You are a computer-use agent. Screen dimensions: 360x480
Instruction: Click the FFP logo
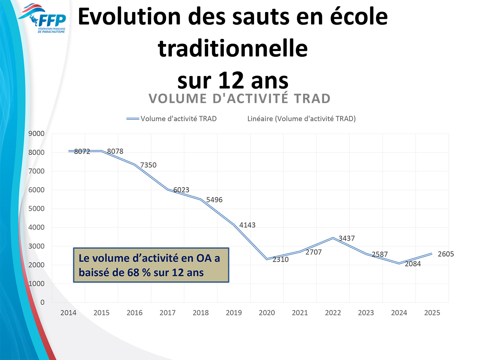pos(43,19)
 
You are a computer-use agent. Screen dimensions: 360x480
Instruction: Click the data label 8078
pos(115,151)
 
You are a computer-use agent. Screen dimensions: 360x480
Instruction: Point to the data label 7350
pos(148,165)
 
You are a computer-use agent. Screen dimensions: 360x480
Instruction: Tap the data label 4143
pos(247,225)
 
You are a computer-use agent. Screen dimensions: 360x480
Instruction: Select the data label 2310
pos(280,260)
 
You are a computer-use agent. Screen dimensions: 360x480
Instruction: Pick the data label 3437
pos(347,238)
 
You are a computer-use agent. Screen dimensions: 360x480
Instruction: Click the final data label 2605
pos(446,254)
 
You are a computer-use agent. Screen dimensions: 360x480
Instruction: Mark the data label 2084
pos(413,264)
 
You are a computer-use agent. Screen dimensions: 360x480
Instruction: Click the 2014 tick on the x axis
pos(68,313)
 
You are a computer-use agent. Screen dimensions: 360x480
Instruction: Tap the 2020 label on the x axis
pos(267,313)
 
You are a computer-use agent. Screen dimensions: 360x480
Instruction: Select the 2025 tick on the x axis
pos(432,313)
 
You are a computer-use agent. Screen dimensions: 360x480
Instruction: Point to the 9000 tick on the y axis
pos(36,134)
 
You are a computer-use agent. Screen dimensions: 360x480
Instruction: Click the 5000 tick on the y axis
pos(36,208)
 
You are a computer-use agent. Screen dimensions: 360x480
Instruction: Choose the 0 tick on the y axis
pos(43,302)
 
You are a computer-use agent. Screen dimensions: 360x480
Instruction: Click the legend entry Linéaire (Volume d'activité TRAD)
pos(301,119)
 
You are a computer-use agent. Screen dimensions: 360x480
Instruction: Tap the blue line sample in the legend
pos(133,119)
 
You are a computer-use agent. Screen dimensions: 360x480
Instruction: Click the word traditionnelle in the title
pos(233,48)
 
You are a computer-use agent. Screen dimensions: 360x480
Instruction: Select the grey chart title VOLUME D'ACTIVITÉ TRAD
pos(240,99)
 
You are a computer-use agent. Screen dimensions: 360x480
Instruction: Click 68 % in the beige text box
pos(139,273)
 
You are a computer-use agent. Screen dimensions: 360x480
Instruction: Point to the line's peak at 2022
pos(333,238)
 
